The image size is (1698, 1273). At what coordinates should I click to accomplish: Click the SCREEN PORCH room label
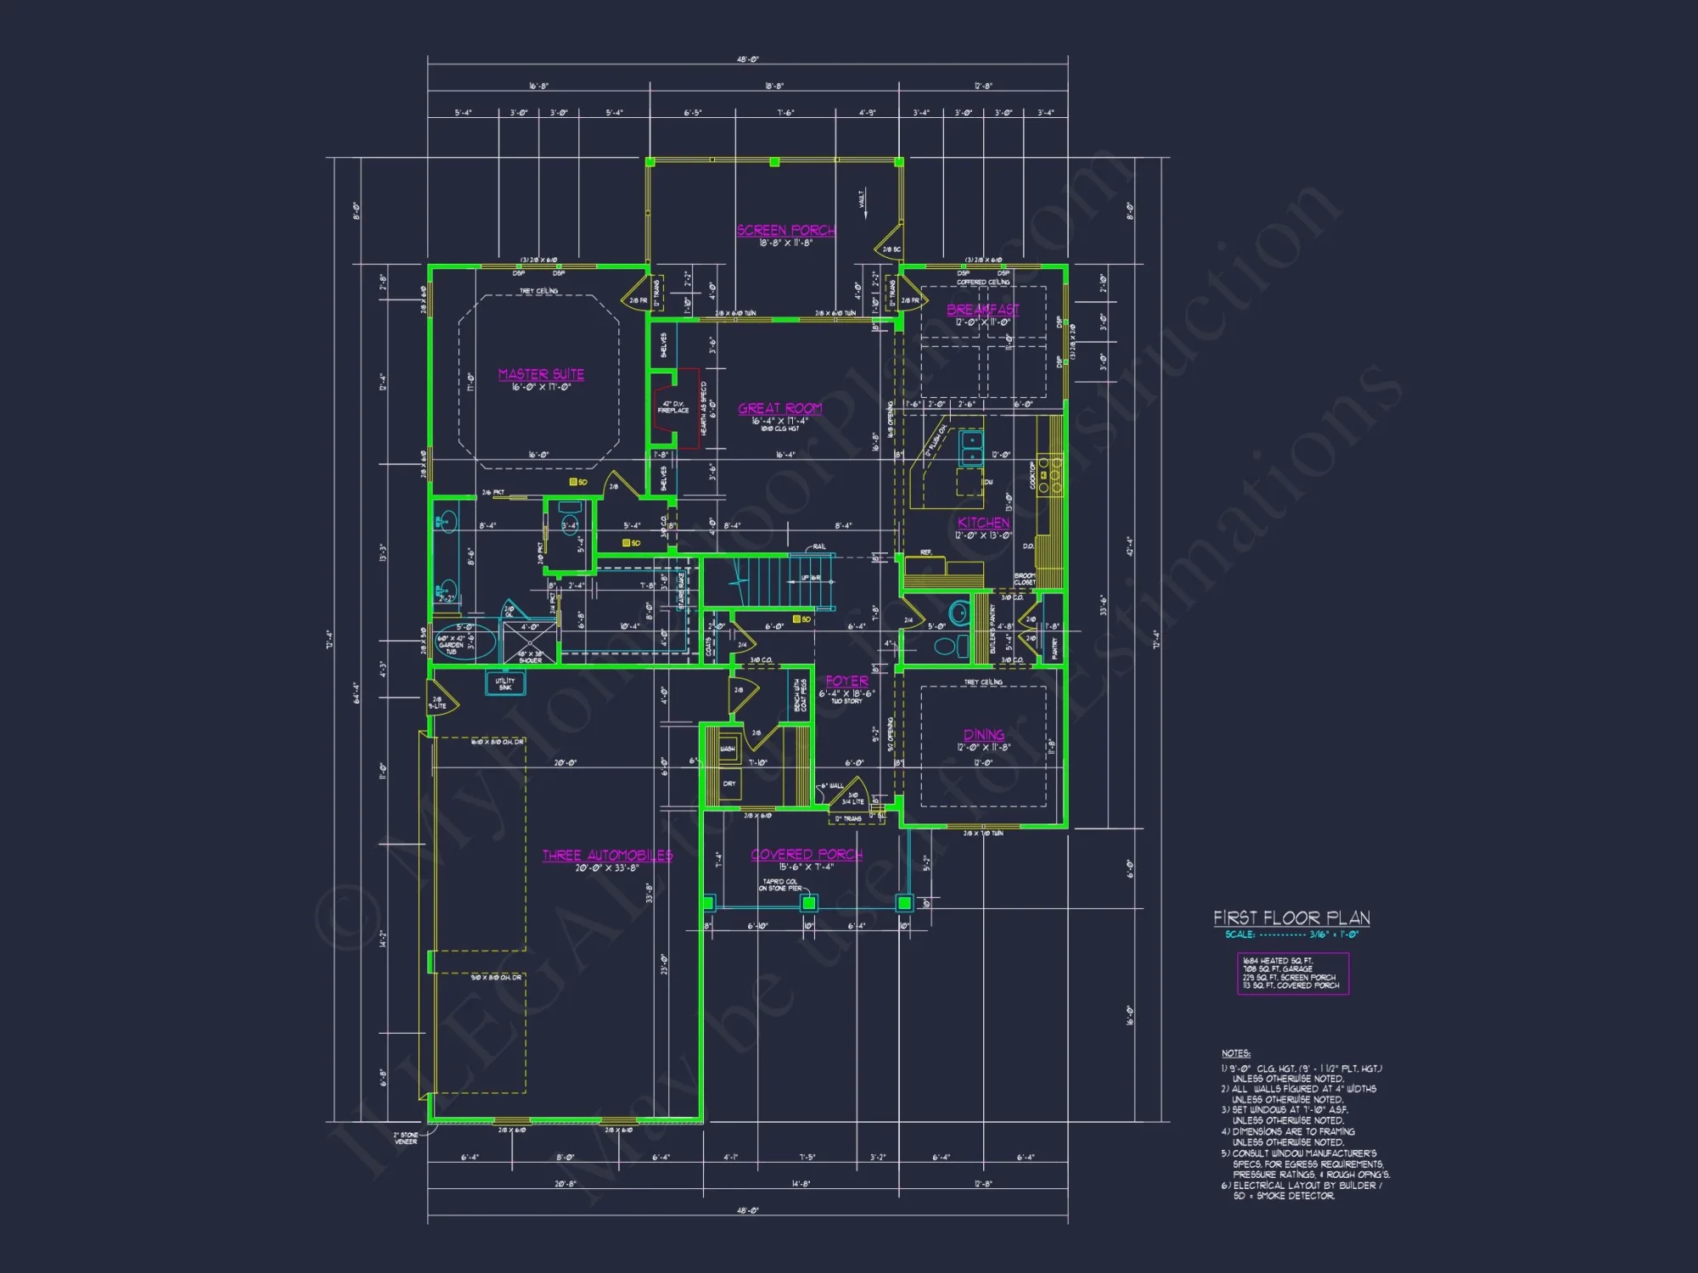tap(785, 230)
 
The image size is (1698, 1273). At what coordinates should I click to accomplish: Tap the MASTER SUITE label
tap(541, 374)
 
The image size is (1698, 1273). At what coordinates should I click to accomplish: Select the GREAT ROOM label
tap(779, 408)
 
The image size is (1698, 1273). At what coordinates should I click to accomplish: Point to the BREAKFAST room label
tap(982, 310)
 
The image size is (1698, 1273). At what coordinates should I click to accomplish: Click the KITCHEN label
tap(983, 523)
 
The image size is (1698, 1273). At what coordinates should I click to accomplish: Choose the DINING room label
tap(983, 735)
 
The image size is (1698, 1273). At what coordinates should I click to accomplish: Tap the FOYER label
tap(846, 681)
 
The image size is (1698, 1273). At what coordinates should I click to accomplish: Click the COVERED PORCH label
tap(806, 855)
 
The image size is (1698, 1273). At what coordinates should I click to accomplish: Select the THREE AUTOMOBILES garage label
tap(607, 855)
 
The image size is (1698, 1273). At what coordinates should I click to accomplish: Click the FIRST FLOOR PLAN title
tap(1291, 918)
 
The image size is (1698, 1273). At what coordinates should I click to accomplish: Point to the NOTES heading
tap(1235, 1053)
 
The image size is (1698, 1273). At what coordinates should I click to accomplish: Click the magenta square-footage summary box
tap(1292, 973)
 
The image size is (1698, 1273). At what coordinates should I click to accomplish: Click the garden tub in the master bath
tap(465, 642)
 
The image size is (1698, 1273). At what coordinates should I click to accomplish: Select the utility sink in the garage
tap(504, 683)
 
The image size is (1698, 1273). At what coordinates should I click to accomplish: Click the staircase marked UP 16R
tap(768, 580)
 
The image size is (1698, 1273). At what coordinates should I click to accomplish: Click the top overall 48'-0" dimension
tap(747, 60)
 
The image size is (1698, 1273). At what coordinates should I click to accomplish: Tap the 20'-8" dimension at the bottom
tap(565, 1183)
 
